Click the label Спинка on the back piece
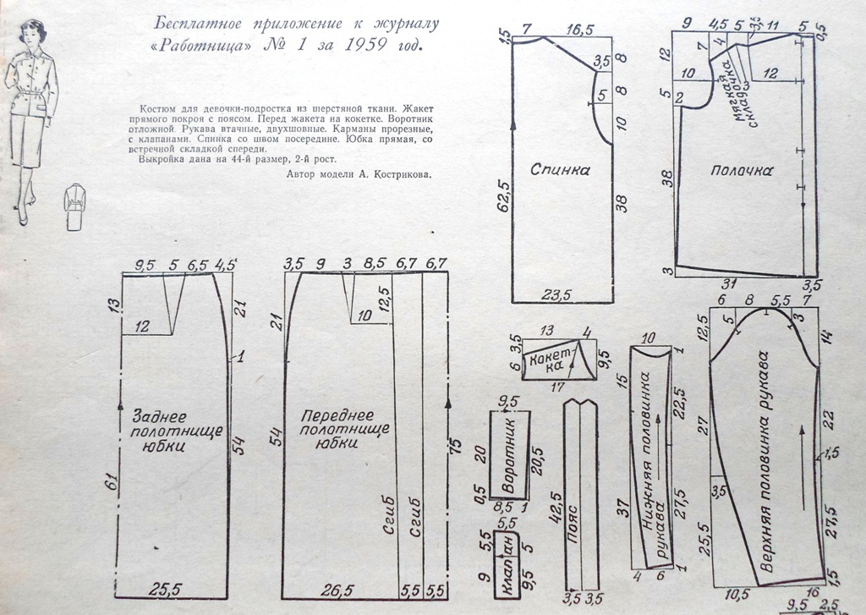pyautogui.click(x=559, y=169)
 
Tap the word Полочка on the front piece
pyautogui.click(x=743, y=170)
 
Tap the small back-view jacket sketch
pyautogui.click(x=75, y=206)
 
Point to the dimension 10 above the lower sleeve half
pyautogui.click(x=649, y=338)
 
